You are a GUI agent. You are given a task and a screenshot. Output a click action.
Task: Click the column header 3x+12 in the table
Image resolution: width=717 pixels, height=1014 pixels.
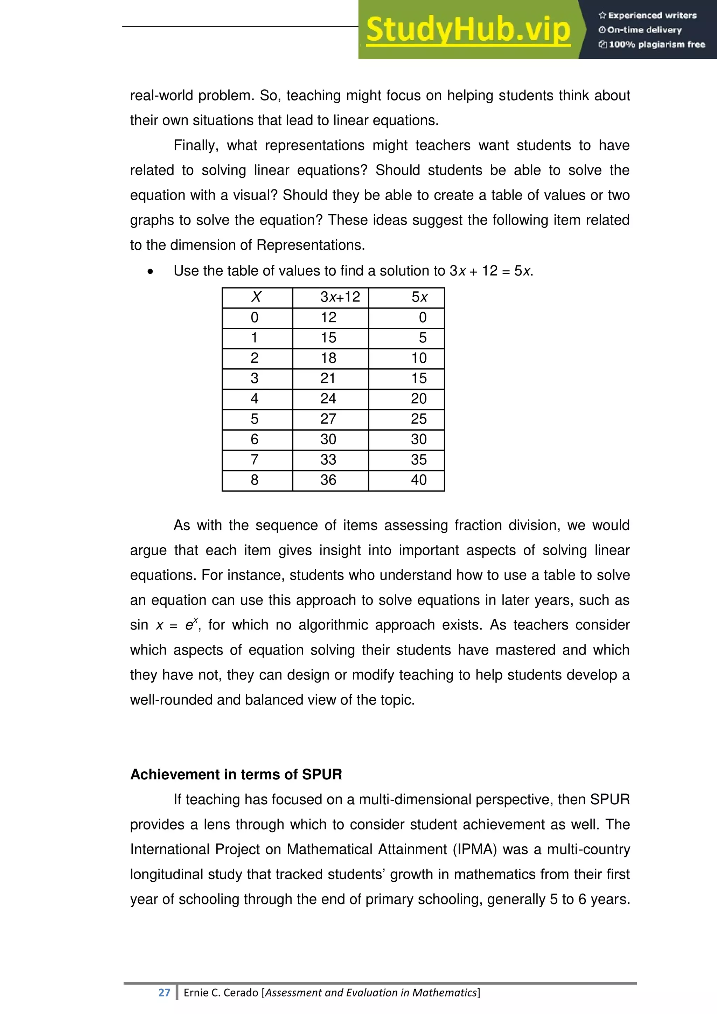(x=340, y=297)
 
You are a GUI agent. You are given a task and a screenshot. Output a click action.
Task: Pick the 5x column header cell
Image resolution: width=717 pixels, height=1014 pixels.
(x=419, y=297)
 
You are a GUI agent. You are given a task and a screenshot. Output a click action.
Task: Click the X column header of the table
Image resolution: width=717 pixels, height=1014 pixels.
(x=256, y=297)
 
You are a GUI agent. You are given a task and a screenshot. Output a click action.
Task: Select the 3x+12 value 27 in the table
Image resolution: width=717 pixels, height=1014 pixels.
(x=328, y=419)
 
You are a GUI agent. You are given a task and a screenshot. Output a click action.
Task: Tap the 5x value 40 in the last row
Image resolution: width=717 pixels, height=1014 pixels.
(x=419, y=480)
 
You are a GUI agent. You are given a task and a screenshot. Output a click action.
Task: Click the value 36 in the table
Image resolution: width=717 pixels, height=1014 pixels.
(x=328, y=480)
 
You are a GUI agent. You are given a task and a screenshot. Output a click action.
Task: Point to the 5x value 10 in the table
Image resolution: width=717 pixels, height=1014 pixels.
(x=419, y=358)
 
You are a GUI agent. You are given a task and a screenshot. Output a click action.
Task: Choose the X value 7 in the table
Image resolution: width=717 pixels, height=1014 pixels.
(x=255, y=459)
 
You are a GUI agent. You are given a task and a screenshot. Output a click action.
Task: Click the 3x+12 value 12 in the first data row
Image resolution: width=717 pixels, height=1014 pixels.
(x=328, y=317)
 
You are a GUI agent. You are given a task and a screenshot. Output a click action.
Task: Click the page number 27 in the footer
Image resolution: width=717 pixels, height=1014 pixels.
(x=164, y=992)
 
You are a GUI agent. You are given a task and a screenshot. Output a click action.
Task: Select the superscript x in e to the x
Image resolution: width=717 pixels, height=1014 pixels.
(x=196, y=620)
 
